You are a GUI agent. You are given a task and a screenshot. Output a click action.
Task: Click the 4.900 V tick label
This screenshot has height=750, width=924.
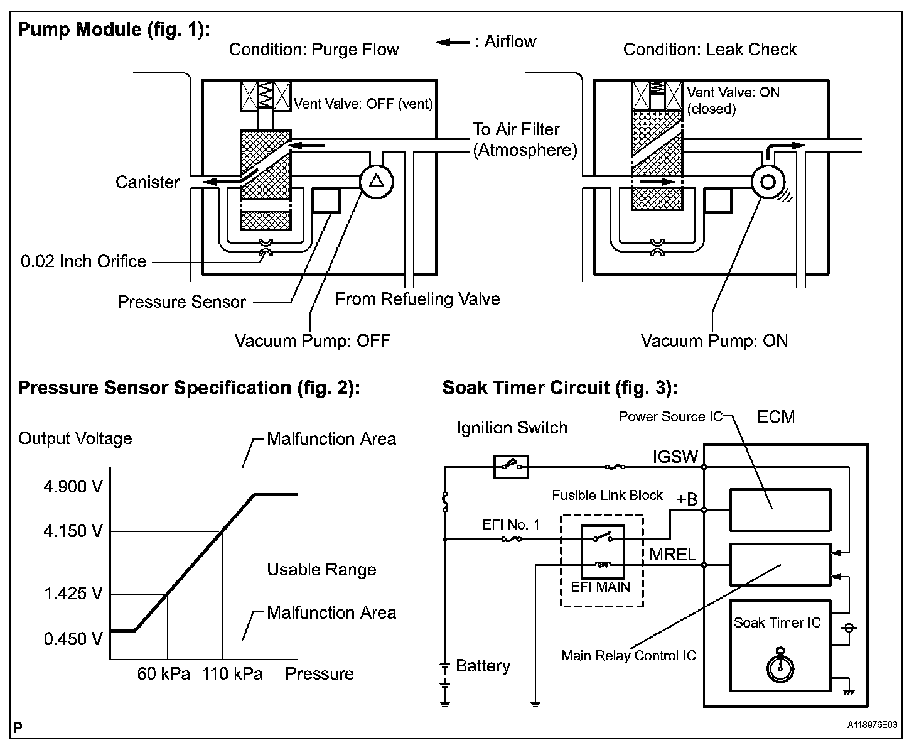73,487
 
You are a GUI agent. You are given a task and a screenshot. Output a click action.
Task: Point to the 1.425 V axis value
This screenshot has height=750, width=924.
73,594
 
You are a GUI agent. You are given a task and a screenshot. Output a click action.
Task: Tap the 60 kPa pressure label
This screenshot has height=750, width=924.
163,674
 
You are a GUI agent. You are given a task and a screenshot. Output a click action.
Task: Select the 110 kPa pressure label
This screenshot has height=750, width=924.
232,674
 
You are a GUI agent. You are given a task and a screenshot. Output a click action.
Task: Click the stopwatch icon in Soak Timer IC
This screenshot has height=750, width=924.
779,665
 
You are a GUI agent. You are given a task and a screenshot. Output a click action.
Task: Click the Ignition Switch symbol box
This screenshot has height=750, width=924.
511,467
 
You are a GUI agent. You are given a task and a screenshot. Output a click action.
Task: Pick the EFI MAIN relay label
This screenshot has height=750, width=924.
600,587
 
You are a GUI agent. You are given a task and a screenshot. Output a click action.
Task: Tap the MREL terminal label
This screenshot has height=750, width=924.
673,555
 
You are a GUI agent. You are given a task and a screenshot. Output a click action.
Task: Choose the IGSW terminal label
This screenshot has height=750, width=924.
675,457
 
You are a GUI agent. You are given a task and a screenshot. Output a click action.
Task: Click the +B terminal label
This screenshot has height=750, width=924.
687,499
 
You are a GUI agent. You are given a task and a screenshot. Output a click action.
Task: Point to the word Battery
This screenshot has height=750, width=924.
483,666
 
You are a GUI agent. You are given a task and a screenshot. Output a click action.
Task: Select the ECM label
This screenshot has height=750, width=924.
776,417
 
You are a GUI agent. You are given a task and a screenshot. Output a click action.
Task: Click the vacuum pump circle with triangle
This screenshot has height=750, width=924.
376,182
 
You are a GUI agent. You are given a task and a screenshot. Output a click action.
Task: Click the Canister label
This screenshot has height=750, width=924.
148,182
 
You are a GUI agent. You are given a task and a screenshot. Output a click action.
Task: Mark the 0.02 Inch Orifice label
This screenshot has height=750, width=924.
83,261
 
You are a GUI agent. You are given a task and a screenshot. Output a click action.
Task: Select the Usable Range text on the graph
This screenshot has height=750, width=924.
321,570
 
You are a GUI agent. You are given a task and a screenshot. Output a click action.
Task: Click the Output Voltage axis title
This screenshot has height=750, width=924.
75,438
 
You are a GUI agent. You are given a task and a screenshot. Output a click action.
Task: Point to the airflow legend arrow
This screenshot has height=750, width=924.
453,42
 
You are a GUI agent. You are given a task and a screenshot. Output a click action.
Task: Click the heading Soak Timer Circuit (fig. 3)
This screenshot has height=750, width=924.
560,388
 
